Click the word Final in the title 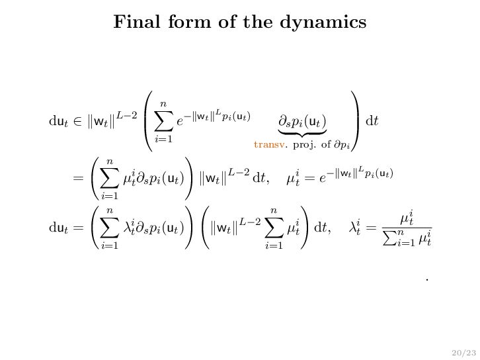tap(133, 22)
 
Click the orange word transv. tap(269, 144)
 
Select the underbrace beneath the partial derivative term tap(303, 135)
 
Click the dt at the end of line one tap(372, 121)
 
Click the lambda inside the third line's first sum tap(129, 229)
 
